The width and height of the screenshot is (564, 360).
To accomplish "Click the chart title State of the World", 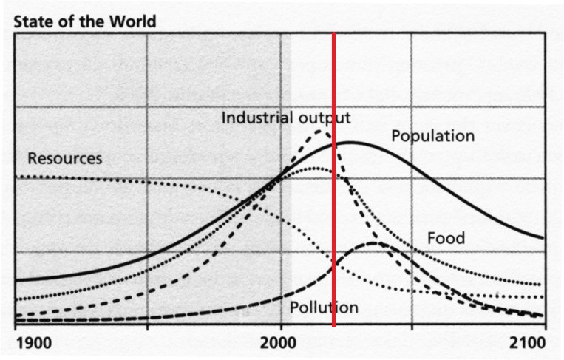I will [85, 20].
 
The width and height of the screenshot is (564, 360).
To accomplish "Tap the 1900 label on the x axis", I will [33, 343].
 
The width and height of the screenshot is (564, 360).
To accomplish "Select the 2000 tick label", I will [280, 343].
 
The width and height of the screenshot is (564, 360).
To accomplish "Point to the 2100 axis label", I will [529, 343].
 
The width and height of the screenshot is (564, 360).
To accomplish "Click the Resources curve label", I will [64, 158].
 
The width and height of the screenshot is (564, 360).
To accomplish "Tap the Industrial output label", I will [286, 118].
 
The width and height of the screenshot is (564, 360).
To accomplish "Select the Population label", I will [432, 136].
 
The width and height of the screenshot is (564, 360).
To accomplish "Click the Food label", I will [446, 238].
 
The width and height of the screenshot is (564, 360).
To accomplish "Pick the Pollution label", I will [324, 308].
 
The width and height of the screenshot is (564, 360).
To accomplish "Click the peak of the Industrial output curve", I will [320, 131].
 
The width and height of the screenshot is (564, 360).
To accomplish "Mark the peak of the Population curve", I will [349, 142].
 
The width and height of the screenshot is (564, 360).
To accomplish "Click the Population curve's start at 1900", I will [16, 280].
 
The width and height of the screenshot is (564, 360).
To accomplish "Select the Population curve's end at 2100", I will [543, 238].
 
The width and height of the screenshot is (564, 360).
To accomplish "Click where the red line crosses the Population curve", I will [334, 144].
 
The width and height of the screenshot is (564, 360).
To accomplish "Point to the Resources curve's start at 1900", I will [16, 177].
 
